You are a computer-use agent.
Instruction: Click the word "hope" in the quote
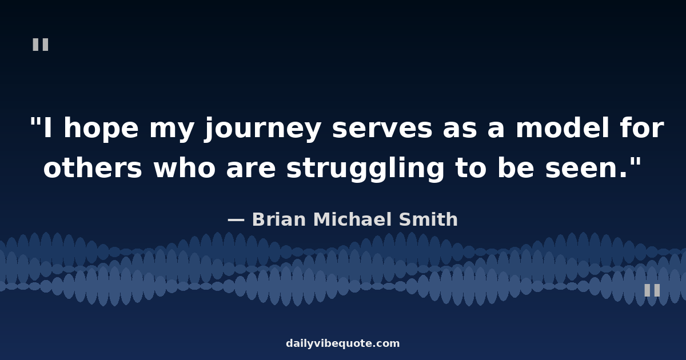[x=101, y=128]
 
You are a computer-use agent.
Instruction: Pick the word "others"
[x=93, y=168]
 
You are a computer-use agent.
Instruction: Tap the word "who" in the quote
[x=184, y=168]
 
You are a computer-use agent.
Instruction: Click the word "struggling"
[x=365, y=169]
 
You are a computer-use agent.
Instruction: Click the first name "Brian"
[x=279, y=219]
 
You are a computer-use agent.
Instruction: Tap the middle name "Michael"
[x=353, y=219]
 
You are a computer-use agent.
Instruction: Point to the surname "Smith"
[x=428, y=219]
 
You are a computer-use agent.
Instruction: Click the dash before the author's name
[x=236, y=220]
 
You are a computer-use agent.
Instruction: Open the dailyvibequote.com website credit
[x=342, y=343]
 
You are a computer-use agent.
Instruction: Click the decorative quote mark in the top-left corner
[x=41, y=45]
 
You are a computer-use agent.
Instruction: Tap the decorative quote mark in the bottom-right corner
[x=652, y=290]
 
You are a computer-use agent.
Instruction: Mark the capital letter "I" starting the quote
[x=48, y=128]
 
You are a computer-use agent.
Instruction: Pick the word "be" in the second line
[x=516, y=168]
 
